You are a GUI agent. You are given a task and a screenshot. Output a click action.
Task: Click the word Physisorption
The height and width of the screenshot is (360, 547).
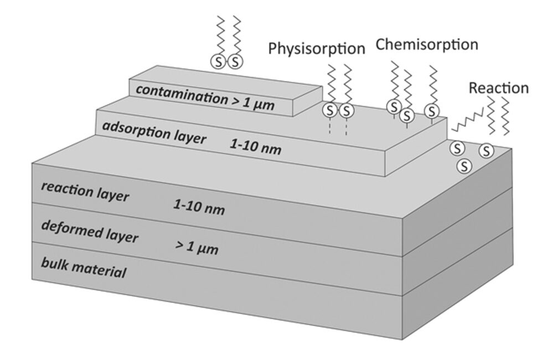[316, 49]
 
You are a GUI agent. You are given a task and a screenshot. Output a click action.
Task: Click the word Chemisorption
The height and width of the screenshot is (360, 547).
[426, 44]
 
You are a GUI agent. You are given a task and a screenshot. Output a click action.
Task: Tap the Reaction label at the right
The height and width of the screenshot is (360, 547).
[498, 88]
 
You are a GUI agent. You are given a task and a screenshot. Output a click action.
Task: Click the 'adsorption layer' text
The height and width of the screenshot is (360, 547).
[154, 131]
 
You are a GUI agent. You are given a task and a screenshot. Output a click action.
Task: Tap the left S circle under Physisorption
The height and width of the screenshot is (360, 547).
[331, 110]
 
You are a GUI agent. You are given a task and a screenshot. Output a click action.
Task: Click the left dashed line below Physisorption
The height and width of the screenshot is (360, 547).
[331, 127]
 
